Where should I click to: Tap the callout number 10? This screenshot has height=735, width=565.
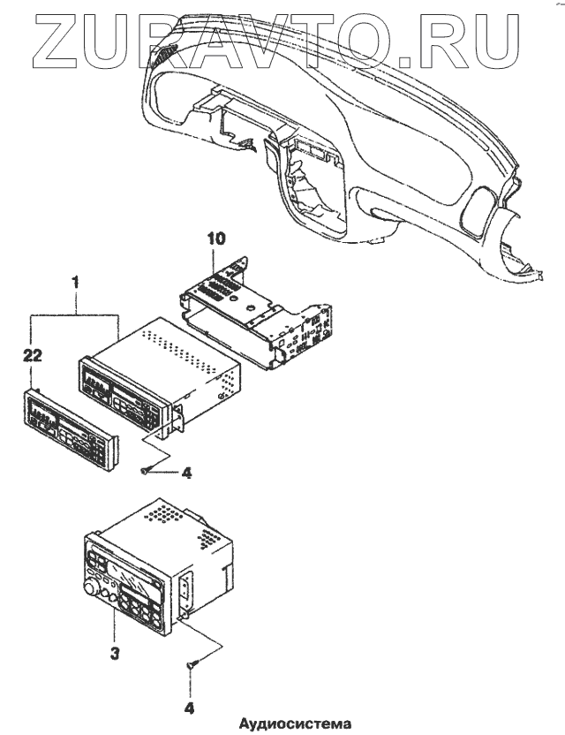coord(217,239)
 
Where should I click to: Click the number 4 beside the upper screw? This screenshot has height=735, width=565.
coord(186,473)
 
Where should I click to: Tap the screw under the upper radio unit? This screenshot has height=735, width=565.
coord(147,471)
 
